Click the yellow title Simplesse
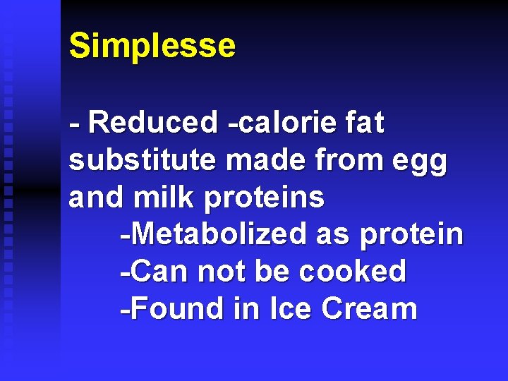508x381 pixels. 152,46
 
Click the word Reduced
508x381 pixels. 154,123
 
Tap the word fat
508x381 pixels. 364,123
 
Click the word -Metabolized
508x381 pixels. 213,234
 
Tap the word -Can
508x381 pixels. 155,272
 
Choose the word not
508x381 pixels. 222,272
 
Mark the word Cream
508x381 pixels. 369,309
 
